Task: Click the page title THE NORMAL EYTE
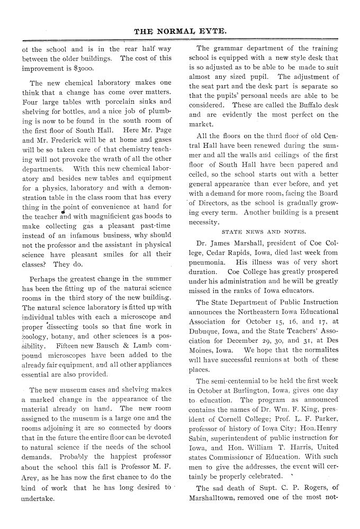pyautogui.click(x=181, y=31)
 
